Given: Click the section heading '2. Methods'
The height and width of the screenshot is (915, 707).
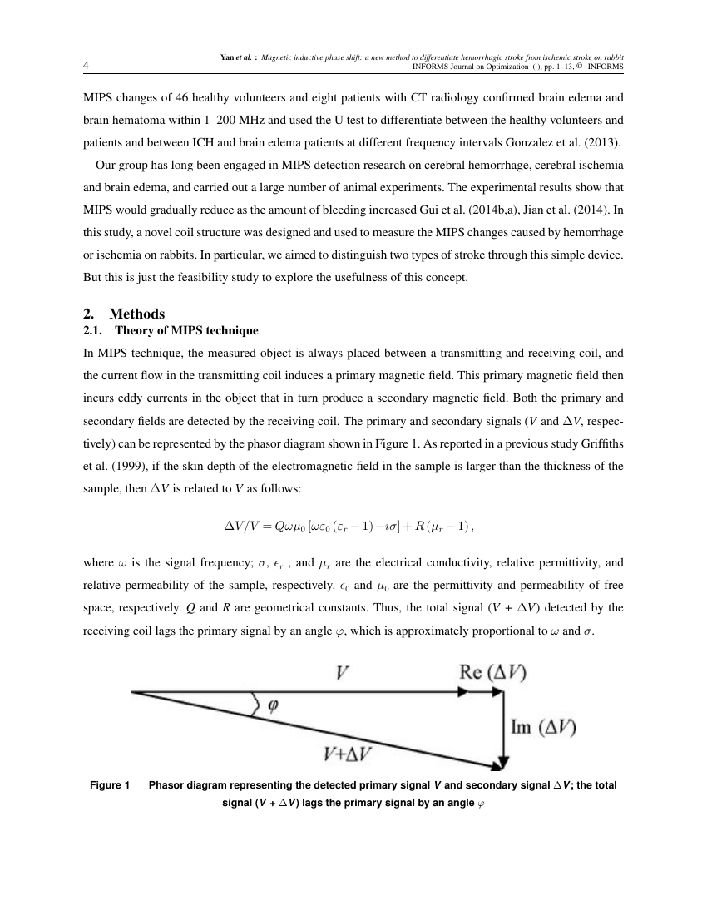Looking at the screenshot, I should click(x=125, y=314).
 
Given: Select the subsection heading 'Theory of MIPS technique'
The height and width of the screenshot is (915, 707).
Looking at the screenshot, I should click(x=186, y=330).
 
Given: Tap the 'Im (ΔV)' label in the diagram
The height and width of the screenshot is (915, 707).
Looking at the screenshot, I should click(x=545, y=726).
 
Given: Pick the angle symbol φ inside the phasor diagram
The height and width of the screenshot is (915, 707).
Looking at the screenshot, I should click(x=271, y=705).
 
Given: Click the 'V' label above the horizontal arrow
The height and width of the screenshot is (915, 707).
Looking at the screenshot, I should click(x=341, y=673).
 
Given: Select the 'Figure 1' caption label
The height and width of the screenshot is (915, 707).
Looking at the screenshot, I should click(x=110, y=785).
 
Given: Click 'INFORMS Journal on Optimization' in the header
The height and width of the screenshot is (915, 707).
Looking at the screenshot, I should click(x=470, y=67).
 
